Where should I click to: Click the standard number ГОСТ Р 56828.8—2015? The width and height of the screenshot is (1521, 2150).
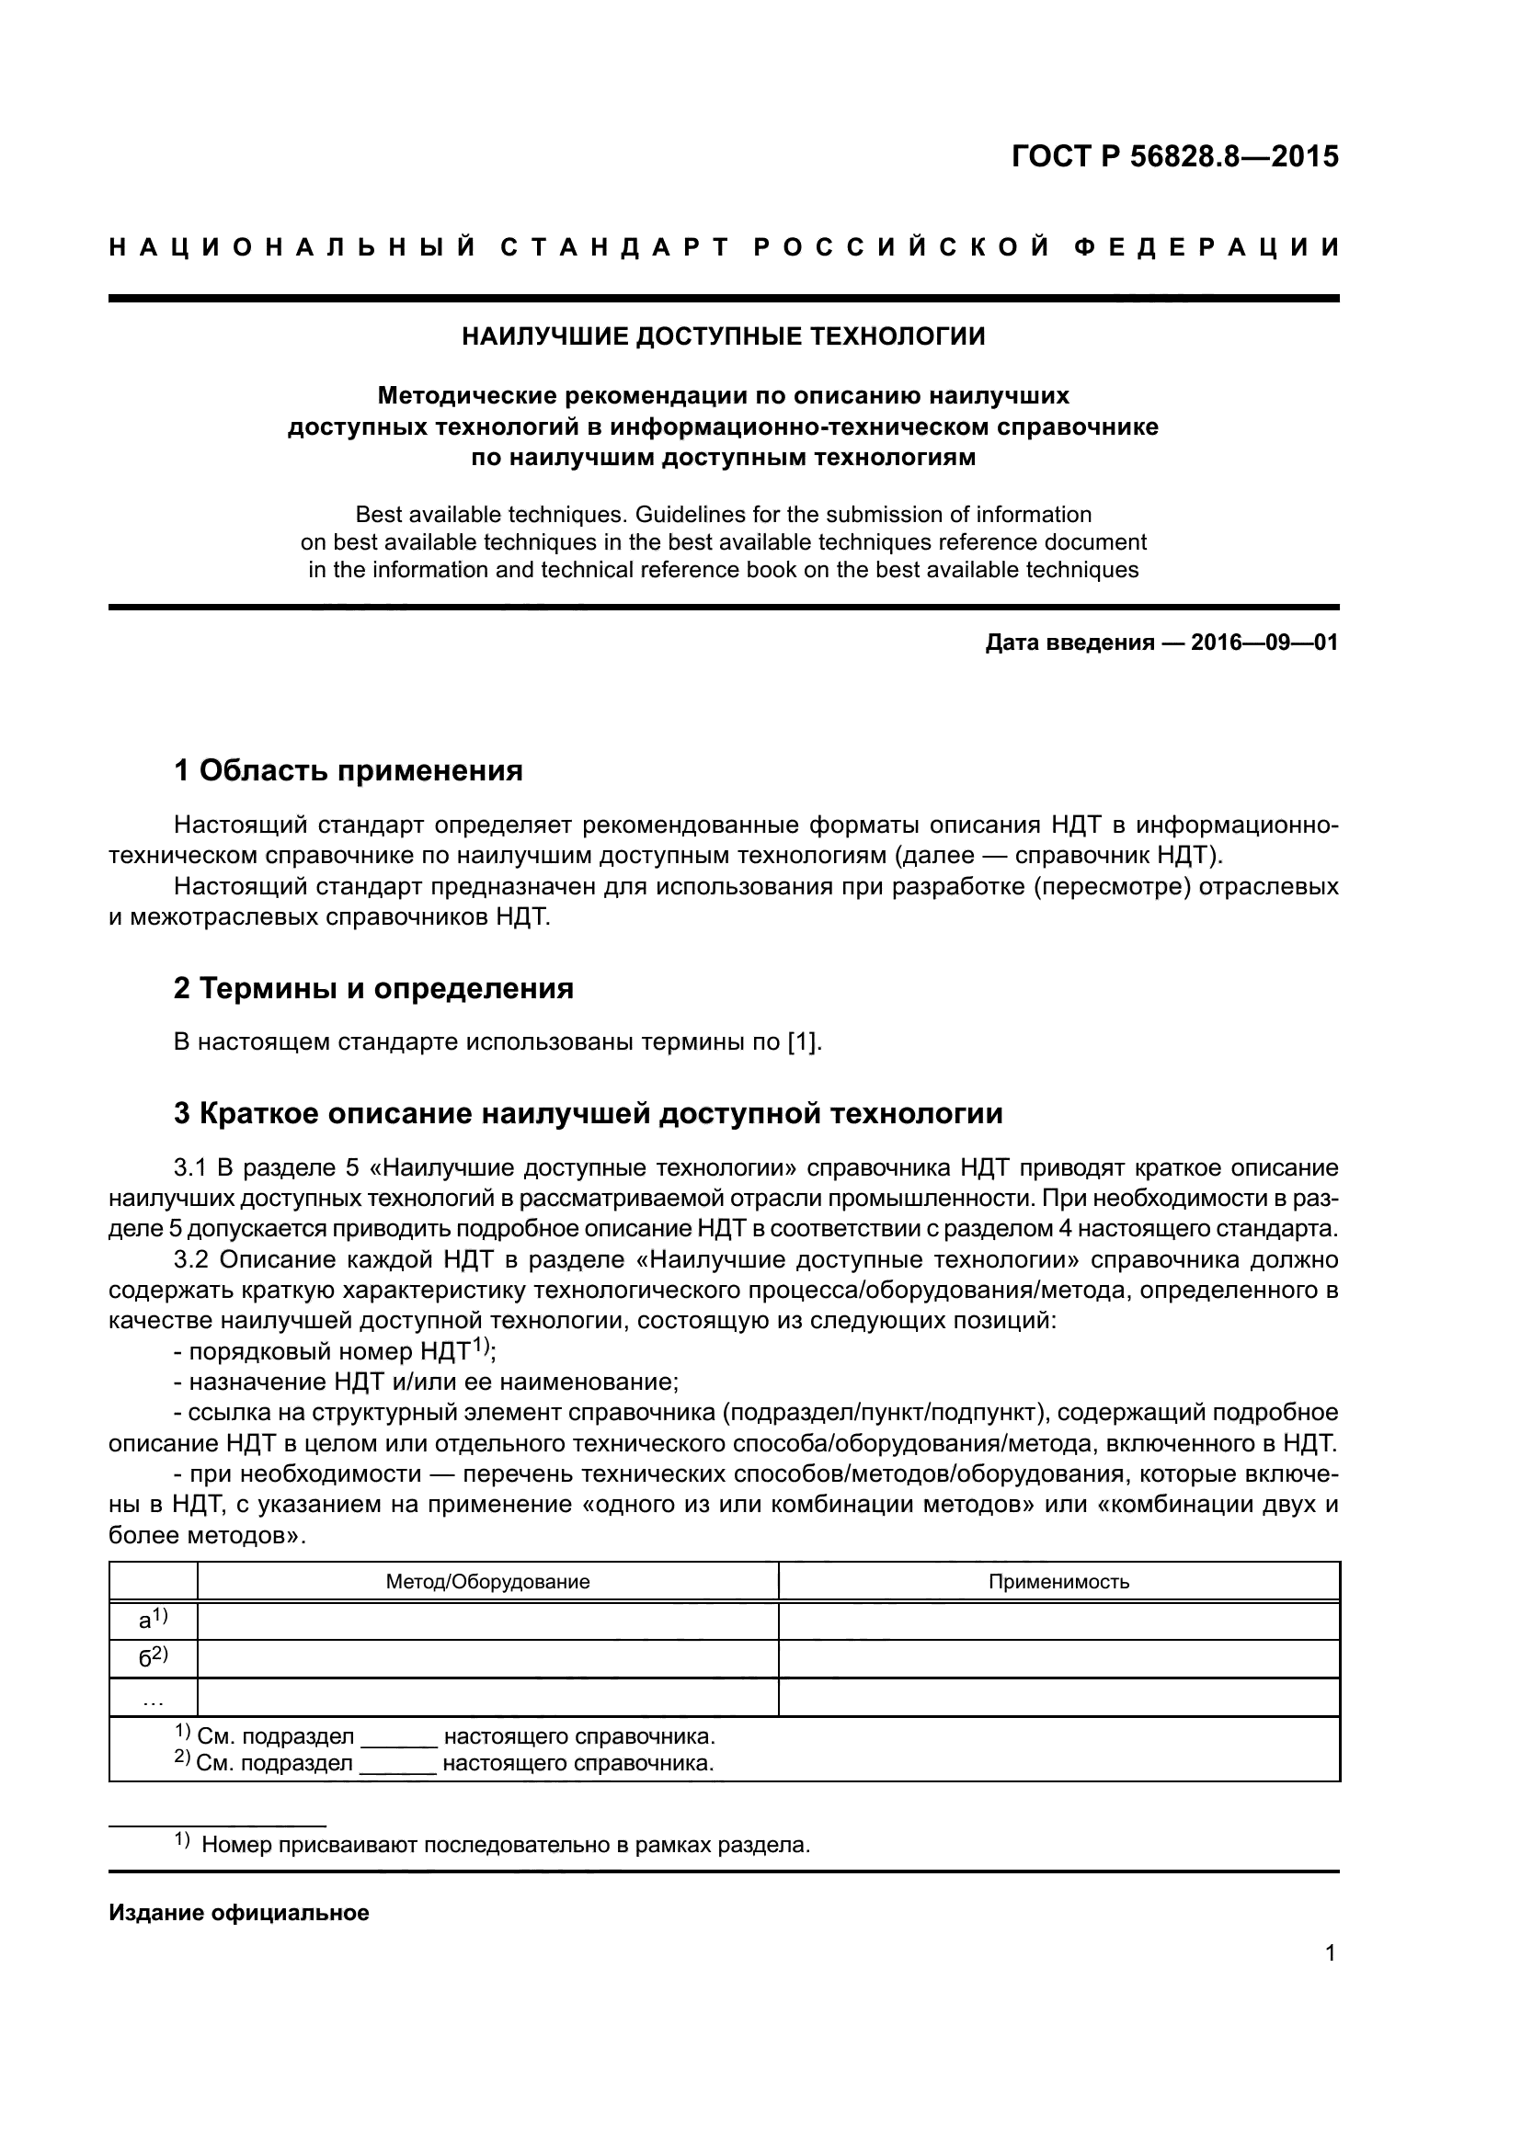1174,156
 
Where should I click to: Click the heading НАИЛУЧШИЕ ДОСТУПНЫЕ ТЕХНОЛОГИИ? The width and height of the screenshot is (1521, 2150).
723,337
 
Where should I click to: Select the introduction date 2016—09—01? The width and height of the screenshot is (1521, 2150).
1264,643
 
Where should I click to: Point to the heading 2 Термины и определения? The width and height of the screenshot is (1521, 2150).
373,989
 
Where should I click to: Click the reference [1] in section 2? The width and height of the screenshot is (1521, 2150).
804,1042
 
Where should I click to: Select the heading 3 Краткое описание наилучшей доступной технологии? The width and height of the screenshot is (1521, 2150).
589,1113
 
